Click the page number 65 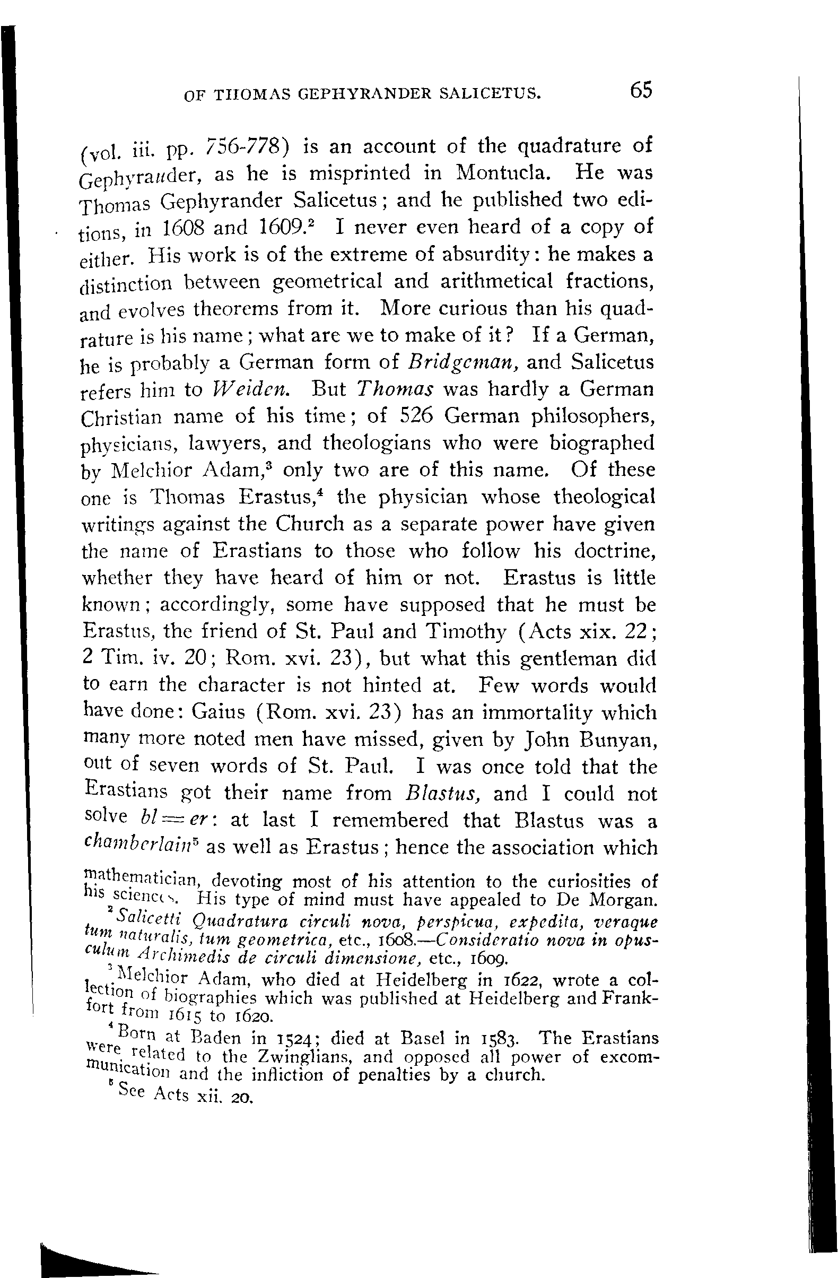point(641,90)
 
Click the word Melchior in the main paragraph point(144,471)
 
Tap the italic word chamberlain point(138,847)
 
